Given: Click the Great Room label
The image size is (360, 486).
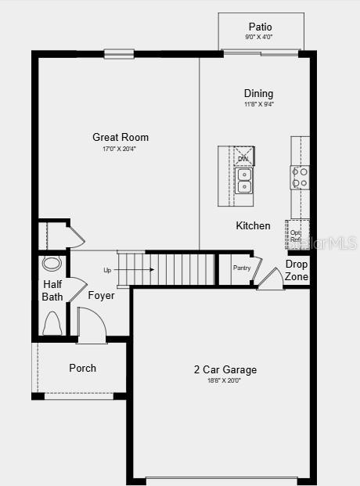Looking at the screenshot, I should point(120,137).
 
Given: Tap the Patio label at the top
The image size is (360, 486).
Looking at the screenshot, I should point(260,27).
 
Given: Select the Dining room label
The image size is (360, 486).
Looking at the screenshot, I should point(258,93).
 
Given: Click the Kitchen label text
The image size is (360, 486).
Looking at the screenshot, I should point(253,225).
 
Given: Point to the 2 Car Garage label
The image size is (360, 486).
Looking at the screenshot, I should point(225,369).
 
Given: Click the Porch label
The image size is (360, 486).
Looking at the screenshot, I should point(82,368).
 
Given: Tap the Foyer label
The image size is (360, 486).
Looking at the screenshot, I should point(101,296).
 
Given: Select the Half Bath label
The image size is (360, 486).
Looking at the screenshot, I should point(52,290).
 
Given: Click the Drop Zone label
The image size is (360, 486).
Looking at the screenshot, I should point(297,271).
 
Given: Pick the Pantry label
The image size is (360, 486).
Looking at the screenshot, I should point(241,268).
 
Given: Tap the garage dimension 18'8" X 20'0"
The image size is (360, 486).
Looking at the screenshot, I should point(224,381).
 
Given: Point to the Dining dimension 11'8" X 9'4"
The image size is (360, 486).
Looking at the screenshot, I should point(258,104).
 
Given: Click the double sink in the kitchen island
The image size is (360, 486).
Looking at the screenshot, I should point(244,181).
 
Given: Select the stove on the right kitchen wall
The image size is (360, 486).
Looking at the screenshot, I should point(301,178).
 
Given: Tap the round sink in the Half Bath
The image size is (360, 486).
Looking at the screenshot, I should point(52,263).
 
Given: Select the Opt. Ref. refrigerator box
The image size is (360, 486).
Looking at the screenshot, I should point(297,234).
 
